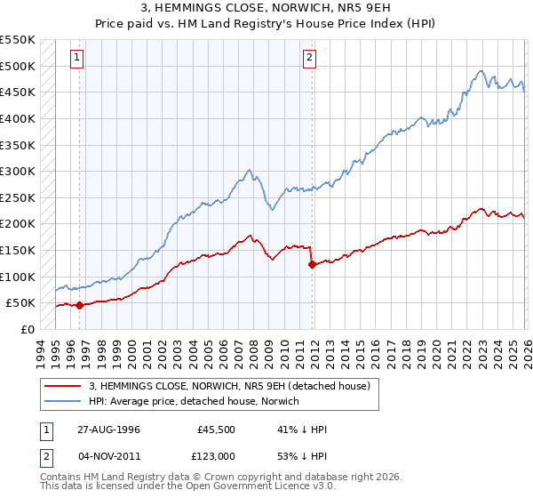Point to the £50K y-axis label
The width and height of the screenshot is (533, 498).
pos(19,302)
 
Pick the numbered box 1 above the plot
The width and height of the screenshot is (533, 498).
pos(78,58)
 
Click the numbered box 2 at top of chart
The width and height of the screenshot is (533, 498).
pos(310,58)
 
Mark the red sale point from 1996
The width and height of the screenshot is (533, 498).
pos(79,305)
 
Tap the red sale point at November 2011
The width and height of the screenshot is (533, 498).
pos(311,264)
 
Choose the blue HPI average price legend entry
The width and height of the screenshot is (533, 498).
pos(195,401)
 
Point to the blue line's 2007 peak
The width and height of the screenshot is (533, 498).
pos(250,169)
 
